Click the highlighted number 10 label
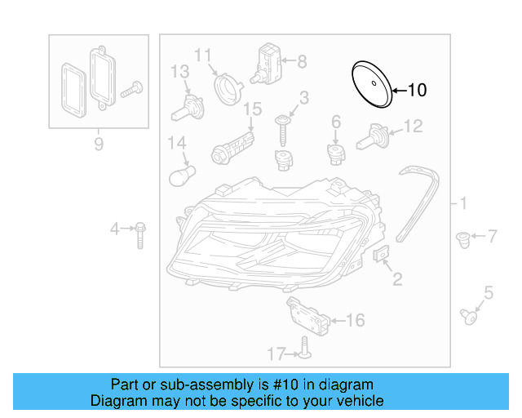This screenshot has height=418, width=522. click(x=416, y=90)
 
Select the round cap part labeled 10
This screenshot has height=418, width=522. click(x=370, y=84)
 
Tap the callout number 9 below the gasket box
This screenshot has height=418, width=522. click(x=99, y=145)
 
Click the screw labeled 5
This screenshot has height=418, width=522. click(x=468, y=315)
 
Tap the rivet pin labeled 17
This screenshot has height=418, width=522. click(x=303, y=349)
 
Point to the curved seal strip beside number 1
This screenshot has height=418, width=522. click(x=422, y=200)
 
